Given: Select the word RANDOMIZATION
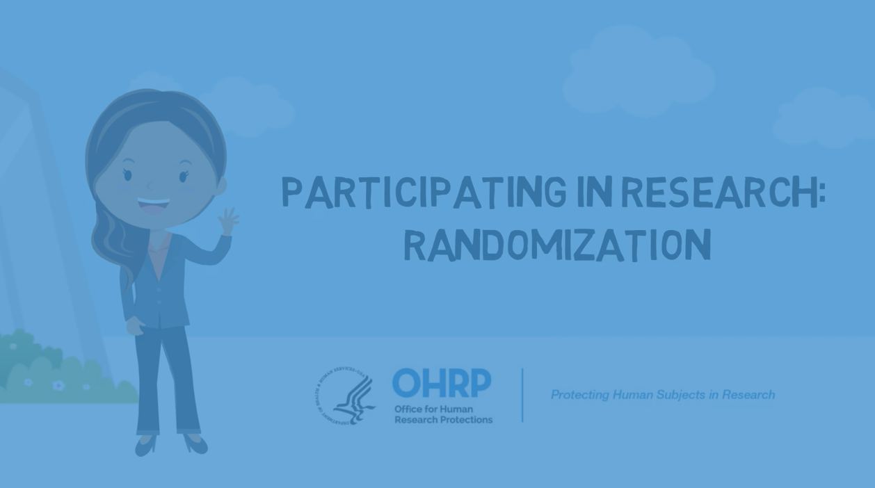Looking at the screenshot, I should [557, 245].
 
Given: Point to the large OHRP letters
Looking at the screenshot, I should [442, 383].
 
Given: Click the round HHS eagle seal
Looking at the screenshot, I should [346, 395].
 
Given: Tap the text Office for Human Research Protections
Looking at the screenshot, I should [443, 414].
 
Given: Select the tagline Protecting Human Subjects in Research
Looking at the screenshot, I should [662, 395].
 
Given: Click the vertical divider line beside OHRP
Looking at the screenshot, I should [522, 395].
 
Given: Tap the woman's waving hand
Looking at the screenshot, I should [227, 221].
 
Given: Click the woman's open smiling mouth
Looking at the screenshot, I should [153, 206].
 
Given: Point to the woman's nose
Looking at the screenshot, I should [150, 185].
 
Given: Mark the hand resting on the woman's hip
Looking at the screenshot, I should [134, 325].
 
